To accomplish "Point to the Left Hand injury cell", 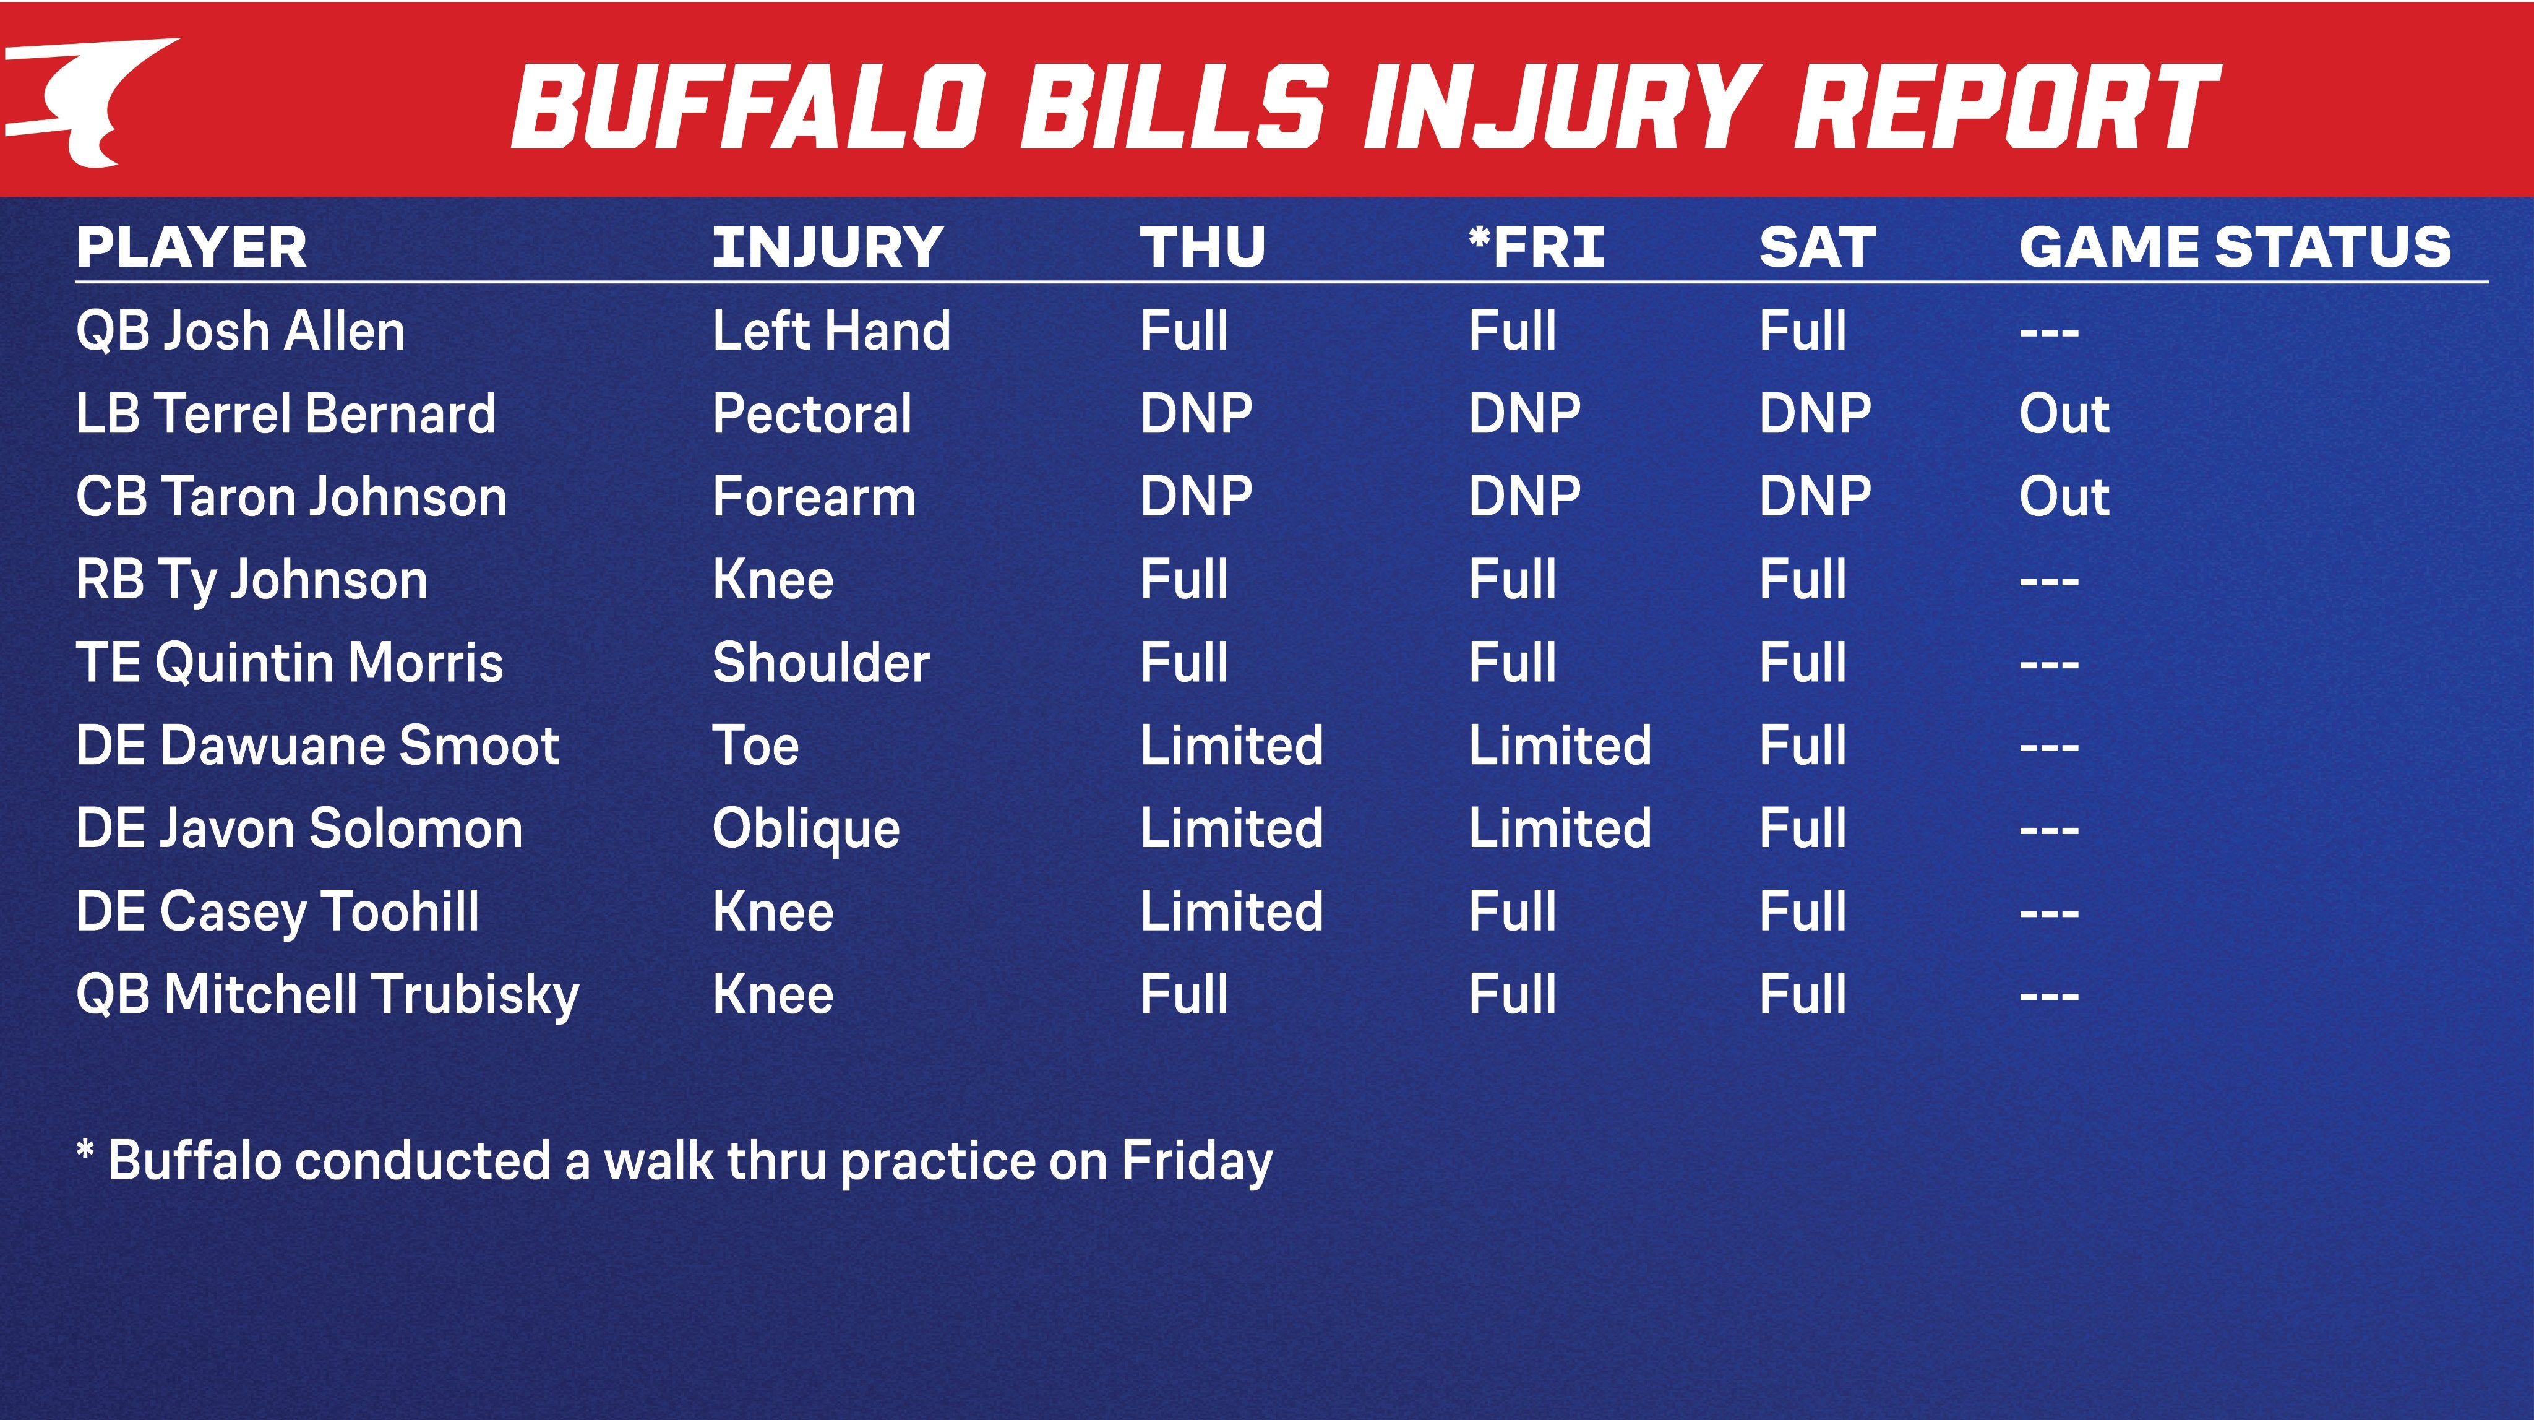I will [x=831, y=330].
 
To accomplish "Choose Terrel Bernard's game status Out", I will [x=2064, y=413].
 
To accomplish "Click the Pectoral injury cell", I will [x=812, y=413].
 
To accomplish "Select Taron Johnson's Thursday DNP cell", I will [x=1196, y=496].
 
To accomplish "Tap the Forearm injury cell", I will [x=814, y=496].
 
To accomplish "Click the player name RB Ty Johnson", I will [x=252, y=580].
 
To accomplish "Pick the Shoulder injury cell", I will [x=820, y=662].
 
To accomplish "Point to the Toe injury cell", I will [x=755, y=745].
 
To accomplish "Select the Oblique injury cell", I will [x=805, y=828].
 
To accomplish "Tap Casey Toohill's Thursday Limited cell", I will [x=1232, y=911].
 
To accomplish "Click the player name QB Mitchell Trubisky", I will [x=327, y=994].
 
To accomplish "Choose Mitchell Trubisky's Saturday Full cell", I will [x=1802, y=994].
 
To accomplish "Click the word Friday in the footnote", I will [x=1197, y=1161].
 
